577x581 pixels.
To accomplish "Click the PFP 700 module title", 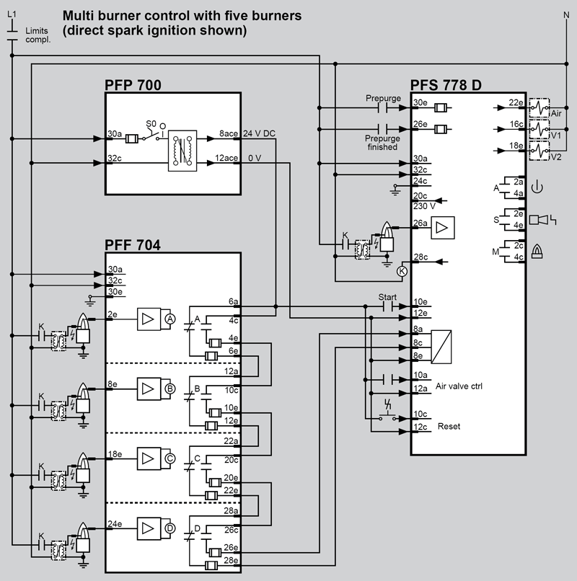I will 133,86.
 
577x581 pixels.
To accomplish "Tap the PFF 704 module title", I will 133,244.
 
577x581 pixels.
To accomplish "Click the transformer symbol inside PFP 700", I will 182,150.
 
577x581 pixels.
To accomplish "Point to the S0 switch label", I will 151,123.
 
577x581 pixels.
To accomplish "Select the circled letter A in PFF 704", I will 170,318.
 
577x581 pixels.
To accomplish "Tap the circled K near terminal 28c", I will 402,270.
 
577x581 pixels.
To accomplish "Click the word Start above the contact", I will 388,296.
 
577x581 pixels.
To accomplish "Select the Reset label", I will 449,426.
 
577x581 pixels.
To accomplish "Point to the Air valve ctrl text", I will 459,386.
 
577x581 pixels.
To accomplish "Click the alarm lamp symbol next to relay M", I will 537,250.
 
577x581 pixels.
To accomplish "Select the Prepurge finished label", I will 382,142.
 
